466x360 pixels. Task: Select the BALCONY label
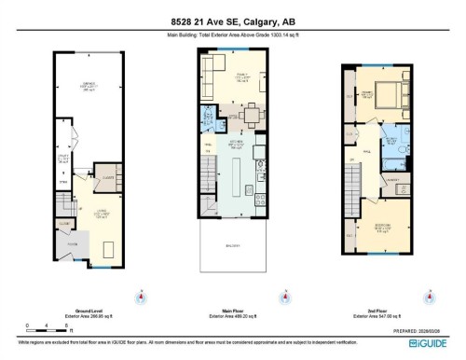point(236,244)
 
